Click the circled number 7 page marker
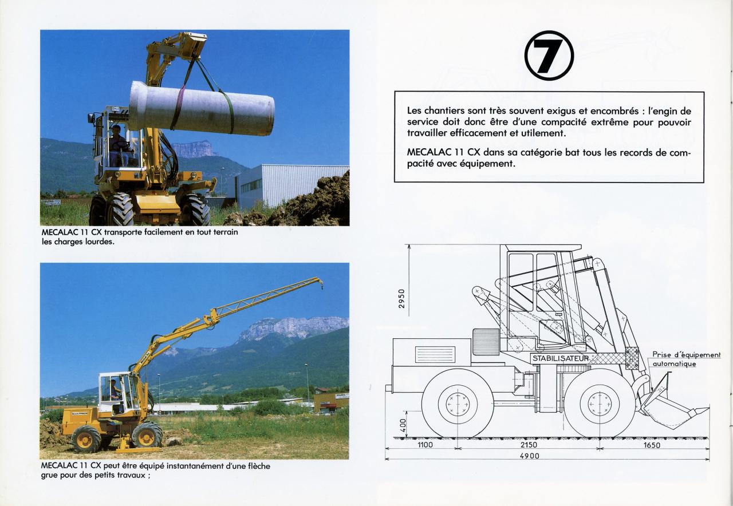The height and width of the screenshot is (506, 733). pyautogui.click(x=549, y=56)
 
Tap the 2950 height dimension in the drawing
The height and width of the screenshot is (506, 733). pyautogui.click(x=401, y=298)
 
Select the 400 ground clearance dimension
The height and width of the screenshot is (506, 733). pyautogui.click(x=403, y=425)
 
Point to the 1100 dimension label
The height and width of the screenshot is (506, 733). pyautogui.click(x=425, y=445)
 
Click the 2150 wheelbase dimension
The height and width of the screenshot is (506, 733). pyautogui.click(x=529, y=445)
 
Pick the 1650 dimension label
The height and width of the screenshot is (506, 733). pyautogui.click(x=652, y=445)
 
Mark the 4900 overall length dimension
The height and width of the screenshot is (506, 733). pyautogui.click(x=530, y=456)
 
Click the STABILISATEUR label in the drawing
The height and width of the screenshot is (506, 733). pyautogui.click(x=561, y=358)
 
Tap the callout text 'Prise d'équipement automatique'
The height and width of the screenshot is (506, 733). pyautogui.click(x=686, y=359)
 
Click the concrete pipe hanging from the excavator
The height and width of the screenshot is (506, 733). pyautogui.click(x=202, y=108)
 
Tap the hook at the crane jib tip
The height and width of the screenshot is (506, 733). pyautogui.click(x=322, y=287)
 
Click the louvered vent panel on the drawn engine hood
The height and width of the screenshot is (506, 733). pyautogui.click(x=435, y=354)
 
